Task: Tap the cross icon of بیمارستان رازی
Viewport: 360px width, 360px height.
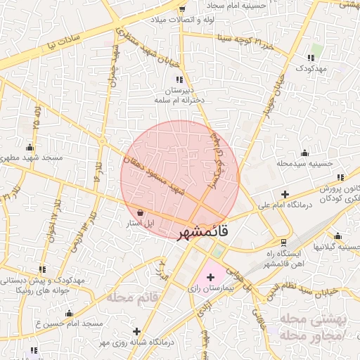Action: [x=210, y=277]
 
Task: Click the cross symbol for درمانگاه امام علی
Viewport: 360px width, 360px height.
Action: [x=285, y=194]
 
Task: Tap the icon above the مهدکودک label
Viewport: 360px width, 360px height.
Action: [x=311, y=58]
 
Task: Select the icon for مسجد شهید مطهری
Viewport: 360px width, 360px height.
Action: [x=30, y=148]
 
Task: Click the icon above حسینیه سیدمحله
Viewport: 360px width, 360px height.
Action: [x=304, y=153]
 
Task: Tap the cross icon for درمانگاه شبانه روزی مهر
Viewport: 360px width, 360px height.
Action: [x=136, y=331]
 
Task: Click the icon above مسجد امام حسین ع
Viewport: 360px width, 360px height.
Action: [x=69, y=314]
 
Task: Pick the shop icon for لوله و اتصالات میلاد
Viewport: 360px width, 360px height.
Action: [x=183, y=9]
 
